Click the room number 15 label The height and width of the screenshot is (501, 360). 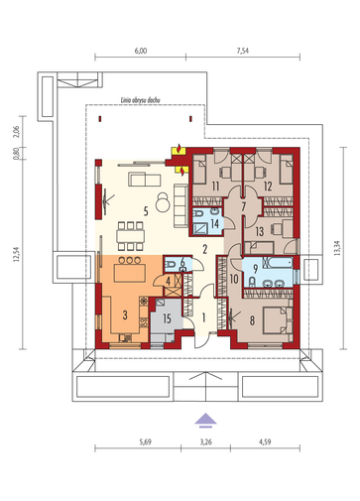167,318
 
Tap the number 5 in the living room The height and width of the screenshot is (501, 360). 146,211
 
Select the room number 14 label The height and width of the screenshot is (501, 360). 215,223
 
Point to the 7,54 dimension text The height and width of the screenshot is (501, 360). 243,51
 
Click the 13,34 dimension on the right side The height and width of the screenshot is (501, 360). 337,248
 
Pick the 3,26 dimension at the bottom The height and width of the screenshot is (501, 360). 205,441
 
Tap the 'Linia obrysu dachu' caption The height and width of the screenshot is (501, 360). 141,100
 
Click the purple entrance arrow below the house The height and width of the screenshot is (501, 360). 205,420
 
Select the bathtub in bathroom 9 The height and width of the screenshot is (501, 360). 278,263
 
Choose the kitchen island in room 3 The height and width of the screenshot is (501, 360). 130,273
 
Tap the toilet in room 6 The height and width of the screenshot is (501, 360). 171,265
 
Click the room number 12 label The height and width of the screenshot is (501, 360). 268,187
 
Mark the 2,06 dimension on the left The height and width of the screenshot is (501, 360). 17,132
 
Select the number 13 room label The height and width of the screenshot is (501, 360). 260,231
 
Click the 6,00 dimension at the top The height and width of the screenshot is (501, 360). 141,51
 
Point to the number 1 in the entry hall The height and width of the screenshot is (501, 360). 203,317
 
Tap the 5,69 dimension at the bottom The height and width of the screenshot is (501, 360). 145,441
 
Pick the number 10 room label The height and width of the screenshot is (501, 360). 234,279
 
